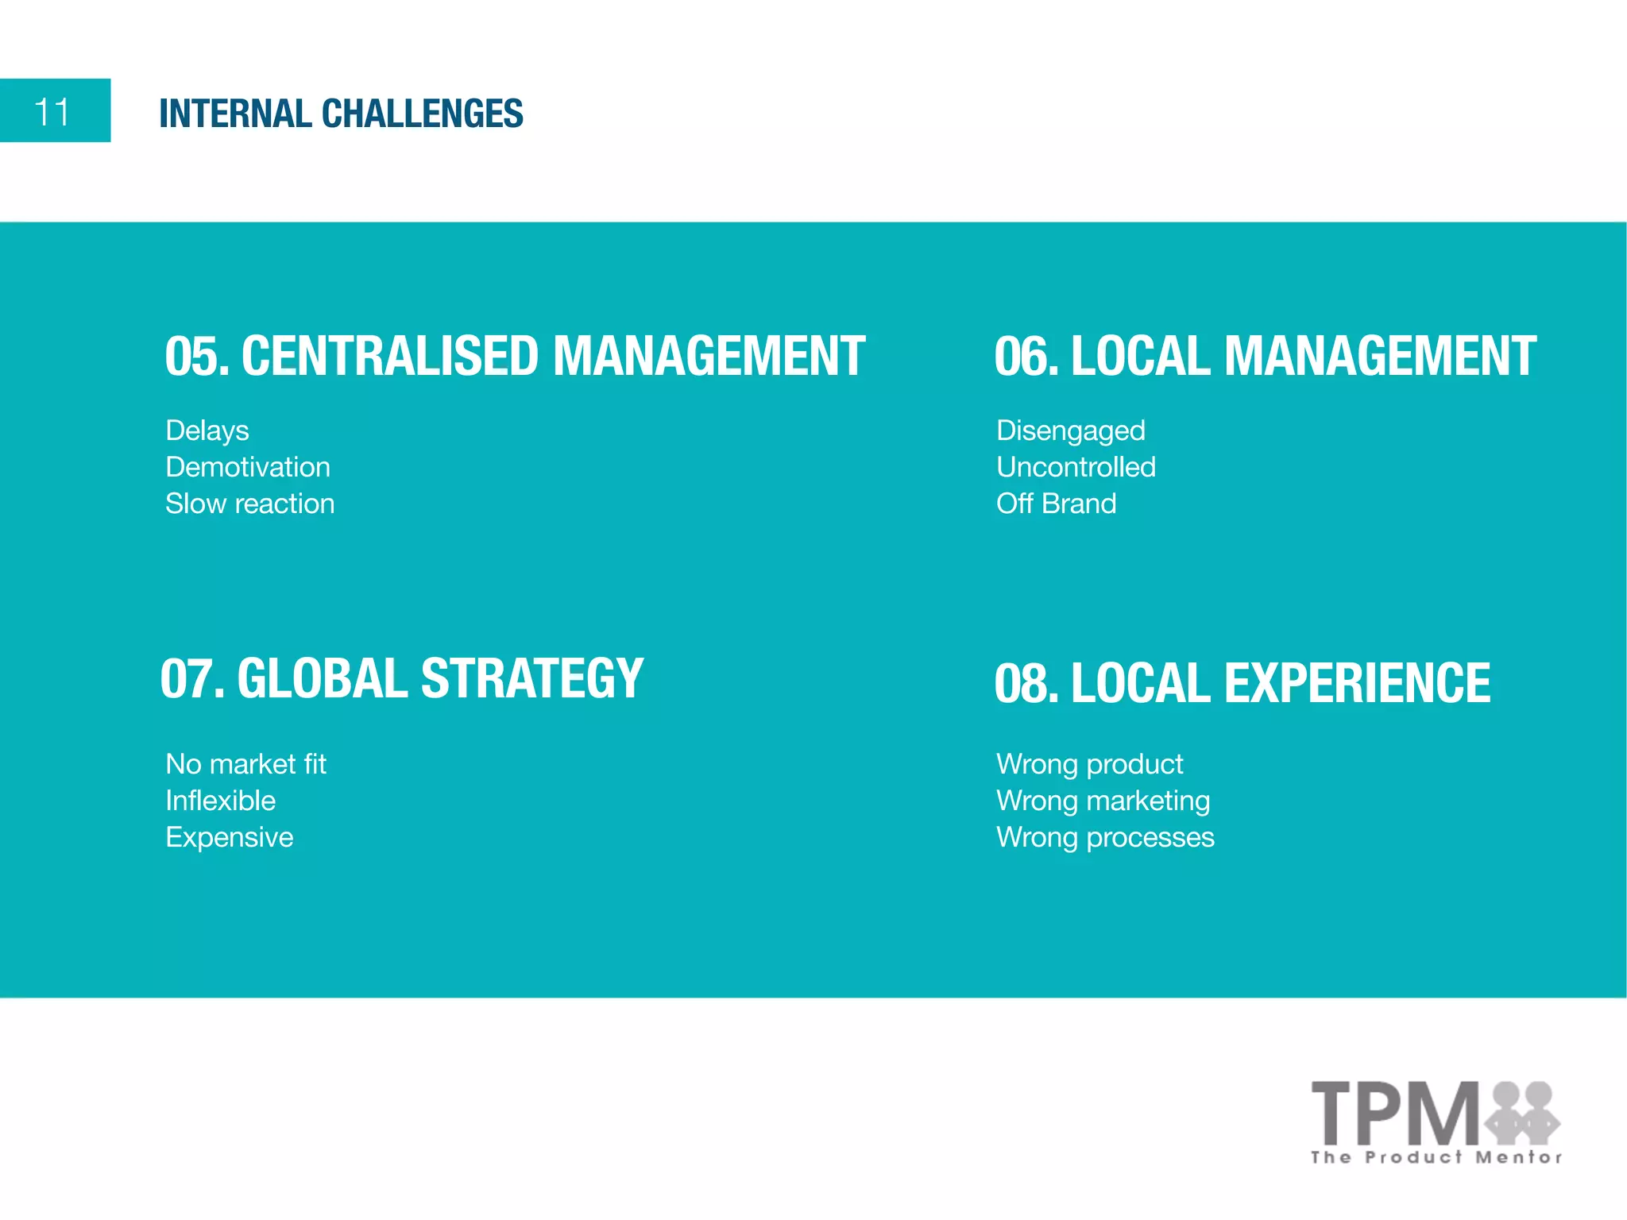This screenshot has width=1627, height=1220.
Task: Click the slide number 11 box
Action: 55,110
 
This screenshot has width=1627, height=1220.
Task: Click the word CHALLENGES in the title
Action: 422,114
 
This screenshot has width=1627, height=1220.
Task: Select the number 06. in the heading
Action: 1026,356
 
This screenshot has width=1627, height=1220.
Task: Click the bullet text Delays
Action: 207,430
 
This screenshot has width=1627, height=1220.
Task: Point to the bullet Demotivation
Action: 247,467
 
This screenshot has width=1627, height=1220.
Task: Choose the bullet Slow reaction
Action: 249,504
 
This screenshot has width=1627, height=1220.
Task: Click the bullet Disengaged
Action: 1070,430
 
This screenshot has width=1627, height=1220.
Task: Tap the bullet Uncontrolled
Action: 1076,467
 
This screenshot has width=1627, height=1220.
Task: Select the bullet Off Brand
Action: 1056,504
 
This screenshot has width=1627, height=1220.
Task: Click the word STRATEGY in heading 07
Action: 531,679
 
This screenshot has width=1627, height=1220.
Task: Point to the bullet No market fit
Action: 245,764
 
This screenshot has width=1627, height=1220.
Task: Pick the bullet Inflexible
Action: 220,801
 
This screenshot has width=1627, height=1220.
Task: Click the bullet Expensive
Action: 229,837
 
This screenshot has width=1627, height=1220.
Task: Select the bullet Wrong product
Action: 1089,764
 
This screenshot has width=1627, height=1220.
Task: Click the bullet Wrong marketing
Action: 1103,801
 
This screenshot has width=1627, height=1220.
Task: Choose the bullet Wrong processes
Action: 1105,837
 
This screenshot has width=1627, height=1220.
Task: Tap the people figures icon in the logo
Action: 1522,1110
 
